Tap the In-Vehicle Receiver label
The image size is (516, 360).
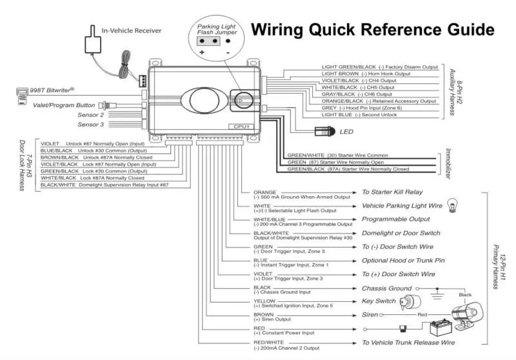pyautogui.click(x=130, y=30)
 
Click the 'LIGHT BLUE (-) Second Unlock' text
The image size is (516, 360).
pyautogui.click(x=365, y=115)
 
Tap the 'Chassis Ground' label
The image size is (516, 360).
pyautogui.click(x=386, y=288)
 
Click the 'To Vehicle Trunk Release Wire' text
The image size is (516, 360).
pyautogui.click(x=408, y=343)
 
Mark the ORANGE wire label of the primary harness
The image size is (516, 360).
pyautogui.click(x=265, y=192)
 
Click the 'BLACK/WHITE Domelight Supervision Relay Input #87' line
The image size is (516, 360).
pyautogui.click(x=104, y=185)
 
